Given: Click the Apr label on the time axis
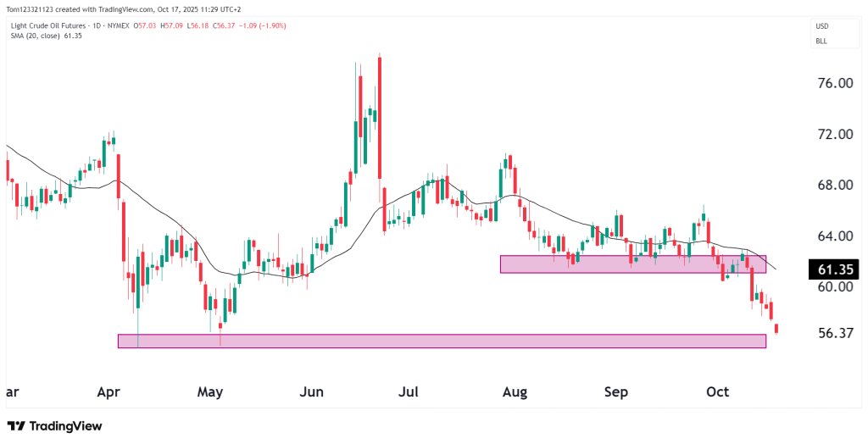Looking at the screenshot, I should pyautogui.click(x=108, y=392).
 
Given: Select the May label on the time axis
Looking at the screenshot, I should pyautogui.click(x=209, y=392).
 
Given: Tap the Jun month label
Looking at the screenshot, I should pyautogui.click(x=313, y=392).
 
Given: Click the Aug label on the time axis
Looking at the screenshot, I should pyautogui.click(x=515, y=392).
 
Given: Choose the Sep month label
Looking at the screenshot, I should pyautogui.click(x=616, y=392).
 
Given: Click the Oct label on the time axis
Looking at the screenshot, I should pyautogui.click(x=718, y=392).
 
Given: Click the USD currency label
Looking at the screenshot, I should pyautogui.click(x=822, y=25).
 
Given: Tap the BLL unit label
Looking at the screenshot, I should pyautogui.click(x=821, y=41).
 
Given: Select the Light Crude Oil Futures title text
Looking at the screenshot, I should pyautogui.click(x=50, y=25).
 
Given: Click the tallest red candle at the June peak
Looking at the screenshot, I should pyautogui.click(x=379, y=118).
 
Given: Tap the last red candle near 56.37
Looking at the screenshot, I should pyautogui.click(x=776, y=329).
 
